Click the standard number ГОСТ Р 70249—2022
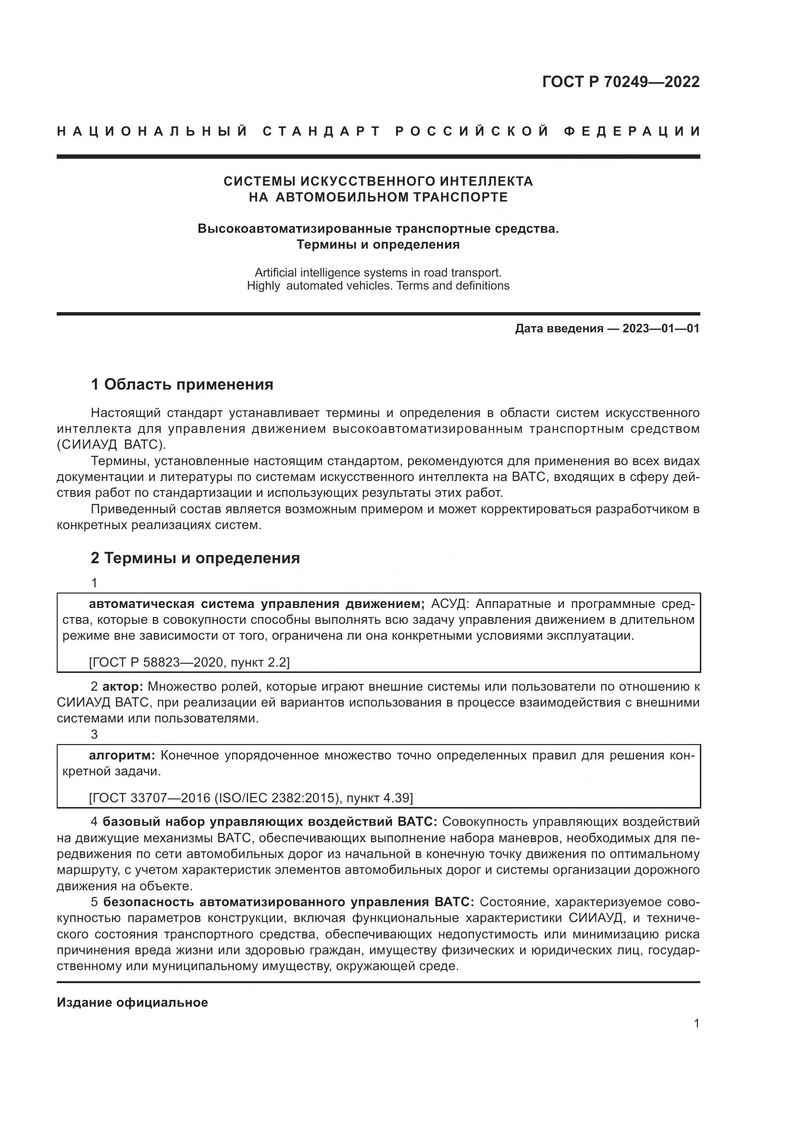(x=620, y=82)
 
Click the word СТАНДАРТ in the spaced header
(x=322, y=131)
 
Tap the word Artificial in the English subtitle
(x=275, y=272)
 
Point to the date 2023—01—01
(x=661, y=329)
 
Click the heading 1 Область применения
(x=182, y=385)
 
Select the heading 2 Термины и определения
(x=195, y=558)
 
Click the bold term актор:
(x=123, y=686)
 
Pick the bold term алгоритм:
(x=122, y=755)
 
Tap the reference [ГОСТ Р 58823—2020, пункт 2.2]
(x=189, y=662)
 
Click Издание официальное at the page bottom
(x=132, y=1002)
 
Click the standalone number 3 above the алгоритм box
(x=95, y=734)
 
